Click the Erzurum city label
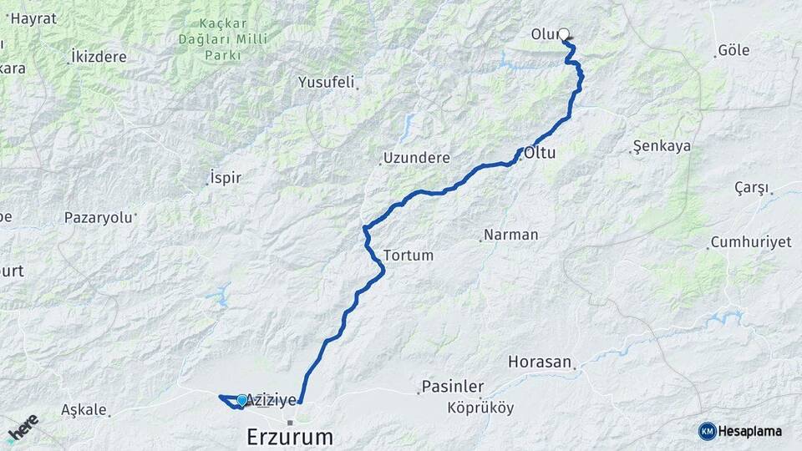coord(290,437)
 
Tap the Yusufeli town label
coord(327,83)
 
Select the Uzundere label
coord(417,158)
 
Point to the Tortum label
coord(409,255)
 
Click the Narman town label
coord(510,235)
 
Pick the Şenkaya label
coord(662,146)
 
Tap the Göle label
coord(733,50)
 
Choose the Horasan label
coord(540,362)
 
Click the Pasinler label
coord(452,387)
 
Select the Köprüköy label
coord(480,408)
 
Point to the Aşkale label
coord(84,409)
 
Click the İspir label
coord(226,179)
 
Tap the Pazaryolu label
coord(99,217)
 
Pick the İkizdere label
coord(99,57)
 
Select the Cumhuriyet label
coord(750,242)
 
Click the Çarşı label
coord(751,187)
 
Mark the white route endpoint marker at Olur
coord(564,35)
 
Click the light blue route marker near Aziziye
coord(242,401)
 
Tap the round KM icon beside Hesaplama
coord(708,431)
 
